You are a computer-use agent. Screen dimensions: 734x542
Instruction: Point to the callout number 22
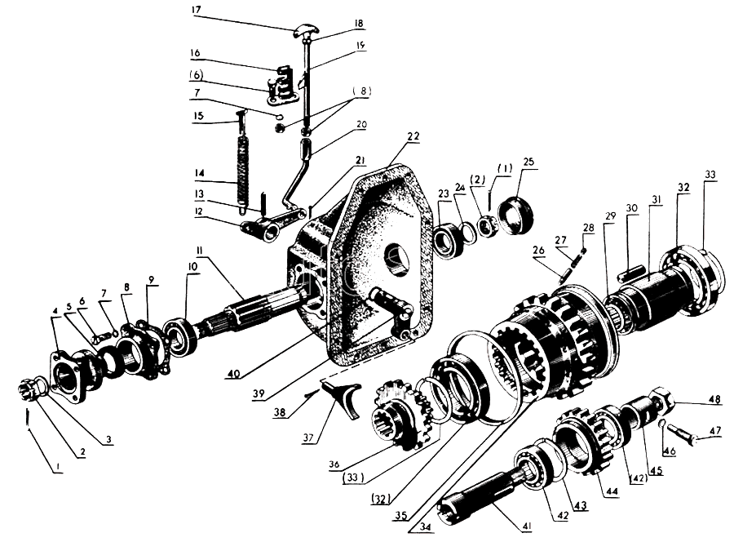[x=413, y=137]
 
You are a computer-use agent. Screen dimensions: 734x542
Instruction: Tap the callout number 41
[x=527, y=526]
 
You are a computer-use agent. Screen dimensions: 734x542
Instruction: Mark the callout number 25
[x=528, y=162]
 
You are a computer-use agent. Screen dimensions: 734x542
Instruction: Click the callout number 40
[x=233, y=373]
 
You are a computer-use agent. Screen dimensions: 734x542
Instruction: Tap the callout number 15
[x=199, y=115]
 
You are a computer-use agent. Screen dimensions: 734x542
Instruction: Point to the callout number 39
[x=259, y=393]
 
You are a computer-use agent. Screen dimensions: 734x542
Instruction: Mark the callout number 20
[x=361, y=125]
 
